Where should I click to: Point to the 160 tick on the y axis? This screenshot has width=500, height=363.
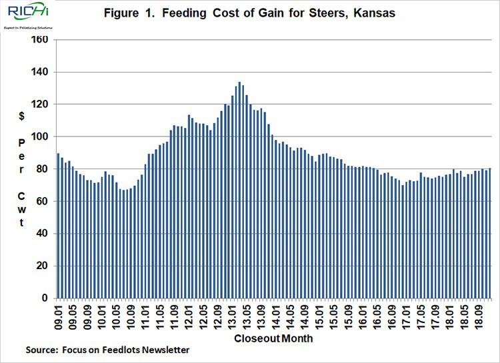pyautogui.click(x=39, y=40)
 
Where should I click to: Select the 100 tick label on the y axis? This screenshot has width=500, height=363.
pyautogui.click(x=39, y=137)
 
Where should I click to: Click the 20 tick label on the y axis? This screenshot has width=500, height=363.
pyautogui.click(x=42, y=266)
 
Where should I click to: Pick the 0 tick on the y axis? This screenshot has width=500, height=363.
pyautogui.click(x=45, y=298)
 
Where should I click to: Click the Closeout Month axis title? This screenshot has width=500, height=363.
pyautogui.click(x=273, y=338)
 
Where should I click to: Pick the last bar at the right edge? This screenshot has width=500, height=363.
pyautogui.click(x=490, y=232)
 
